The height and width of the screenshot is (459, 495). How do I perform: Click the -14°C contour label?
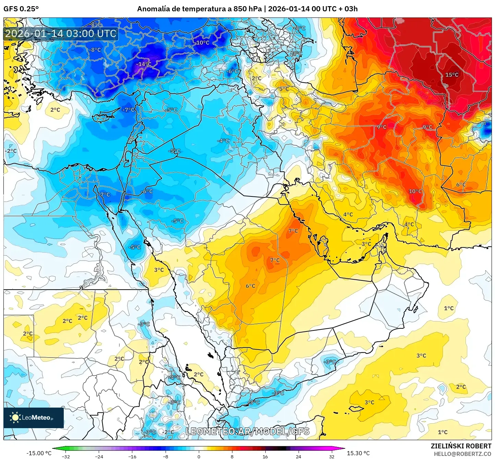[144, 64]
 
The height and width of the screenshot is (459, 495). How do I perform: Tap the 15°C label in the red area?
[452, 75]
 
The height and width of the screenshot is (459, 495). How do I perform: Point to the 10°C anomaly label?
[415, 191]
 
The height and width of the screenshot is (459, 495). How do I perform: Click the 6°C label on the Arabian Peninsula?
[250, 286]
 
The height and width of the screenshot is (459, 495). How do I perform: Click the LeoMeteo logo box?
[34, 418]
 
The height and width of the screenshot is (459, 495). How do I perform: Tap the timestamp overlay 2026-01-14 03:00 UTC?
[61, 34]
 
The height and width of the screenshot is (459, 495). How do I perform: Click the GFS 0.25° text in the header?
[21, 9]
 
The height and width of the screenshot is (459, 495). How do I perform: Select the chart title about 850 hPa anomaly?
[247, 9]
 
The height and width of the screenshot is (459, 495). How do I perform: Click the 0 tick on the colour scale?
[199, 456]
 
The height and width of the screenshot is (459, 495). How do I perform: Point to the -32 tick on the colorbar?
[66, 456]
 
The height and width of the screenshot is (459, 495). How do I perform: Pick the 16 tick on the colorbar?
[265, 456]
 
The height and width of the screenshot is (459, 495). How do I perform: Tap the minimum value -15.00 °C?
[39, 453]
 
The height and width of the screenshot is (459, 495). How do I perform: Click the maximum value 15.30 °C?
[358, 453]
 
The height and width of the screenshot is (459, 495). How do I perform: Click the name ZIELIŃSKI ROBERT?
[461, 446]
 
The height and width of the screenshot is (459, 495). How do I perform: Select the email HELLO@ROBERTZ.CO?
[462, 454]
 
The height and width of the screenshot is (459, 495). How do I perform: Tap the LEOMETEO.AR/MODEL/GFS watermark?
[247, 431]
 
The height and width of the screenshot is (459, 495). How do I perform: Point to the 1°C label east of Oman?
[449, 308]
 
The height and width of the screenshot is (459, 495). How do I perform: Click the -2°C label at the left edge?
[11, 151]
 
